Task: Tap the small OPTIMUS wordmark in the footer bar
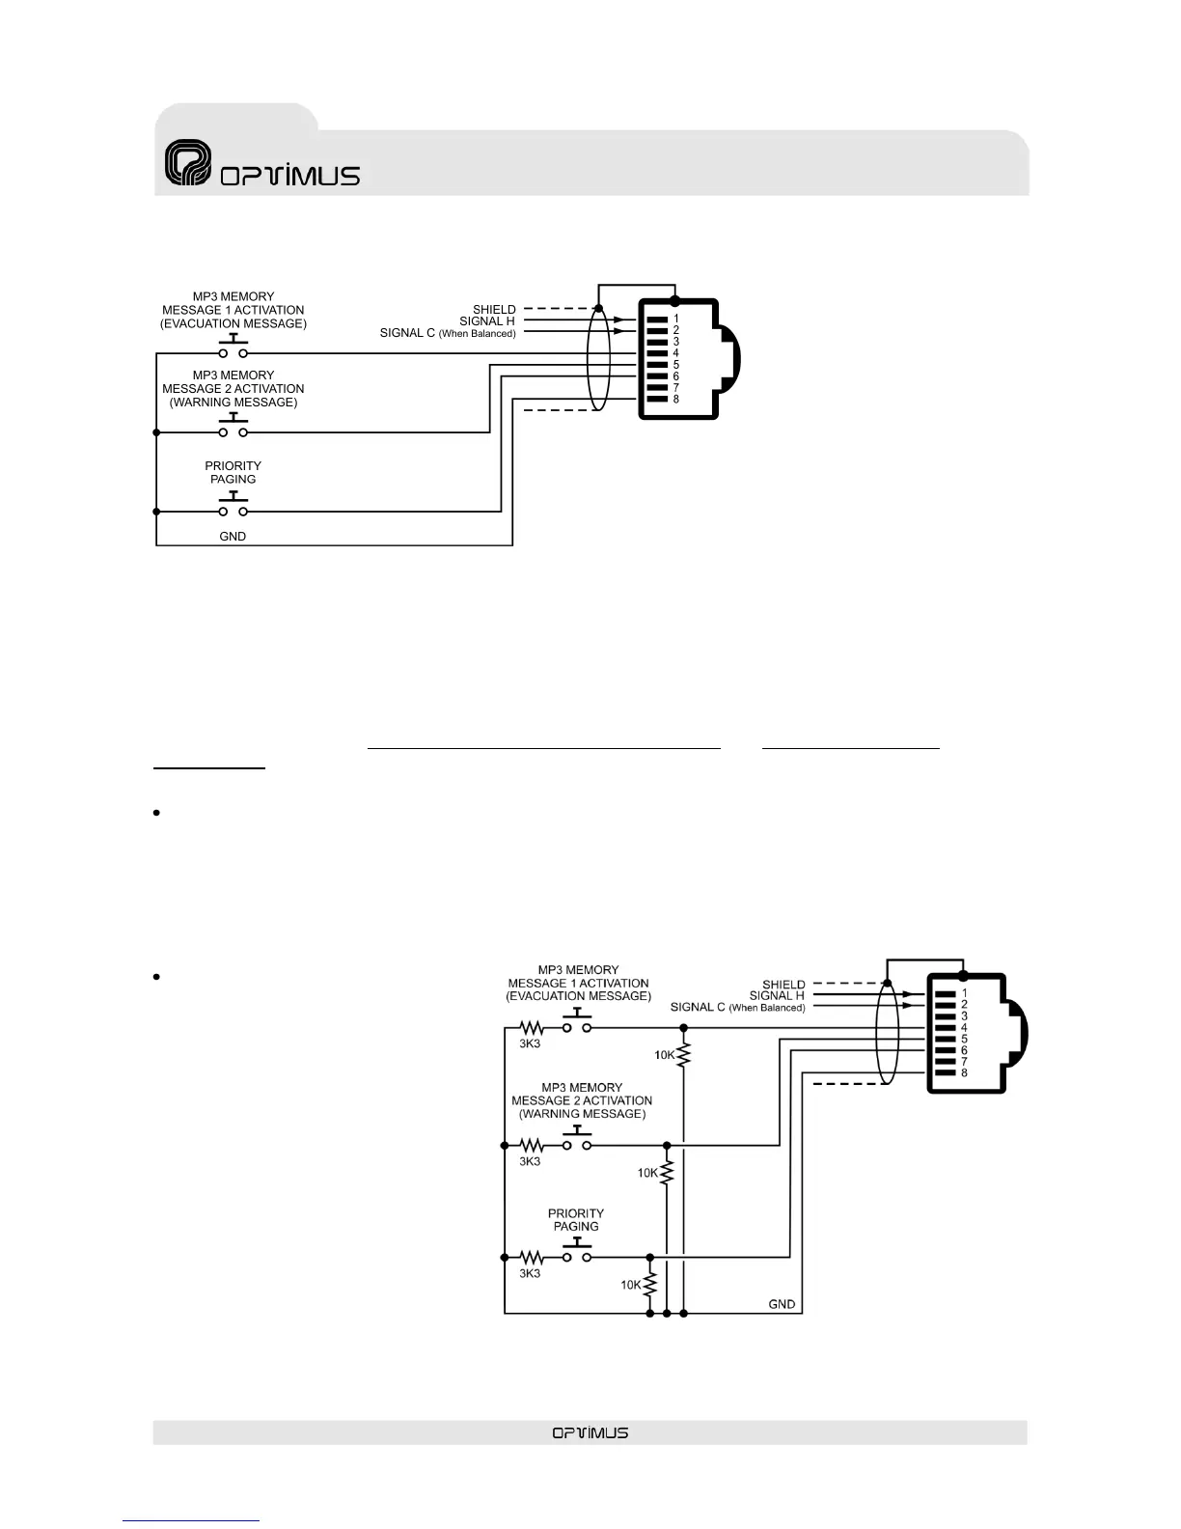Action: click(x=590, y=1432)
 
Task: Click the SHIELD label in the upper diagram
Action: click(x=494, y=309)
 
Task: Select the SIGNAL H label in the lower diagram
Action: click(x=776, y=995)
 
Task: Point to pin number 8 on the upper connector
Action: click(x=675, y=400)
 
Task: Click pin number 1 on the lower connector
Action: click(x=964, y=993)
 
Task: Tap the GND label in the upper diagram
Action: click(x=233, y=536)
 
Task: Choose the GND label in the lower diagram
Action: click(x=782, y=1304)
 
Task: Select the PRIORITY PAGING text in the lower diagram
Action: click(x=576, y=1220)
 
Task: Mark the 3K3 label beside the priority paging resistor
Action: click(x=530, y=1274)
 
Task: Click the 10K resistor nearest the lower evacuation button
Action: click(x=683, y=1055)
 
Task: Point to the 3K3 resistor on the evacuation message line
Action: click(x=532, y=1028)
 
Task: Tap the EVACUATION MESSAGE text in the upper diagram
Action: click(x=233, y=323)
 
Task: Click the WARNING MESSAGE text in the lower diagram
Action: click(x=582, y=1113)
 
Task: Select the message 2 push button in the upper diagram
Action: click(x=233, y=427)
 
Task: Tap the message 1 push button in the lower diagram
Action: click(x=577, y=1022)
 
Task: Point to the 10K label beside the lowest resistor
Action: click(x=630, y=1285)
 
